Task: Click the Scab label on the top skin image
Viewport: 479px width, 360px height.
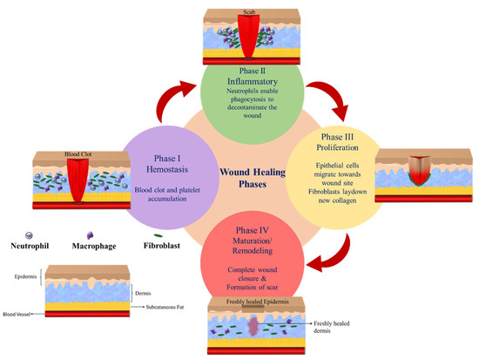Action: [x=250, y=13]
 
